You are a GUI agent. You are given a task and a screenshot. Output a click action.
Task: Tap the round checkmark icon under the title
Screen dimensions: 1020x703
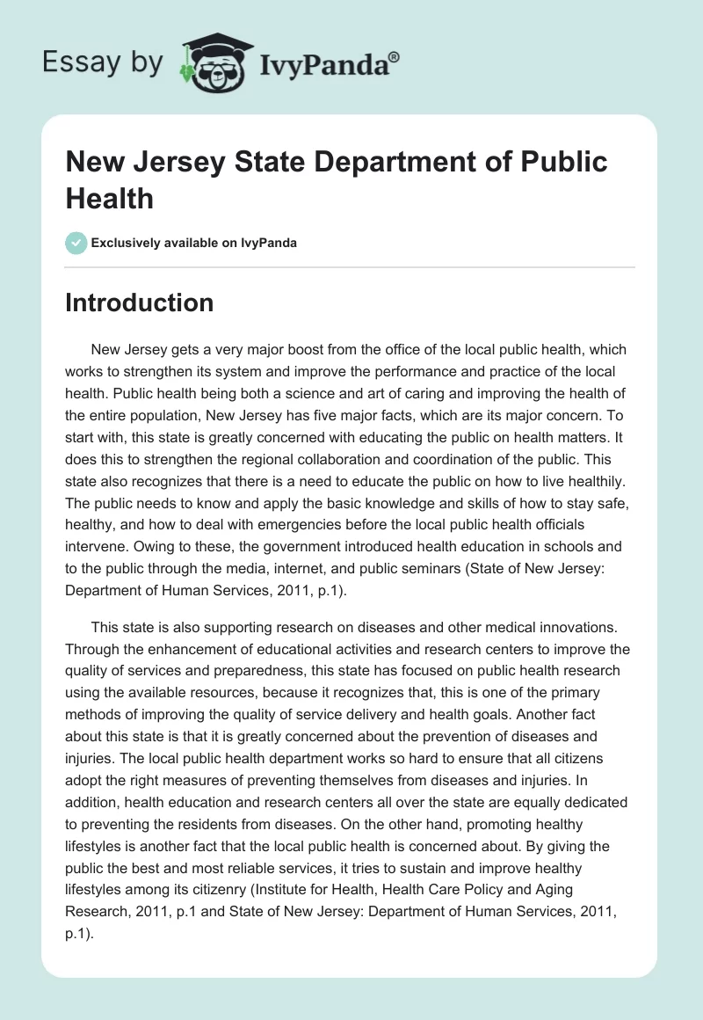[x=76, y=243]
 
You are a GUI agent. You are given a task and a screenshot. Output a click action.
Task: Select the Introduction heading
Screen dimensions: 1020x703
[x=140, y=302]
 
